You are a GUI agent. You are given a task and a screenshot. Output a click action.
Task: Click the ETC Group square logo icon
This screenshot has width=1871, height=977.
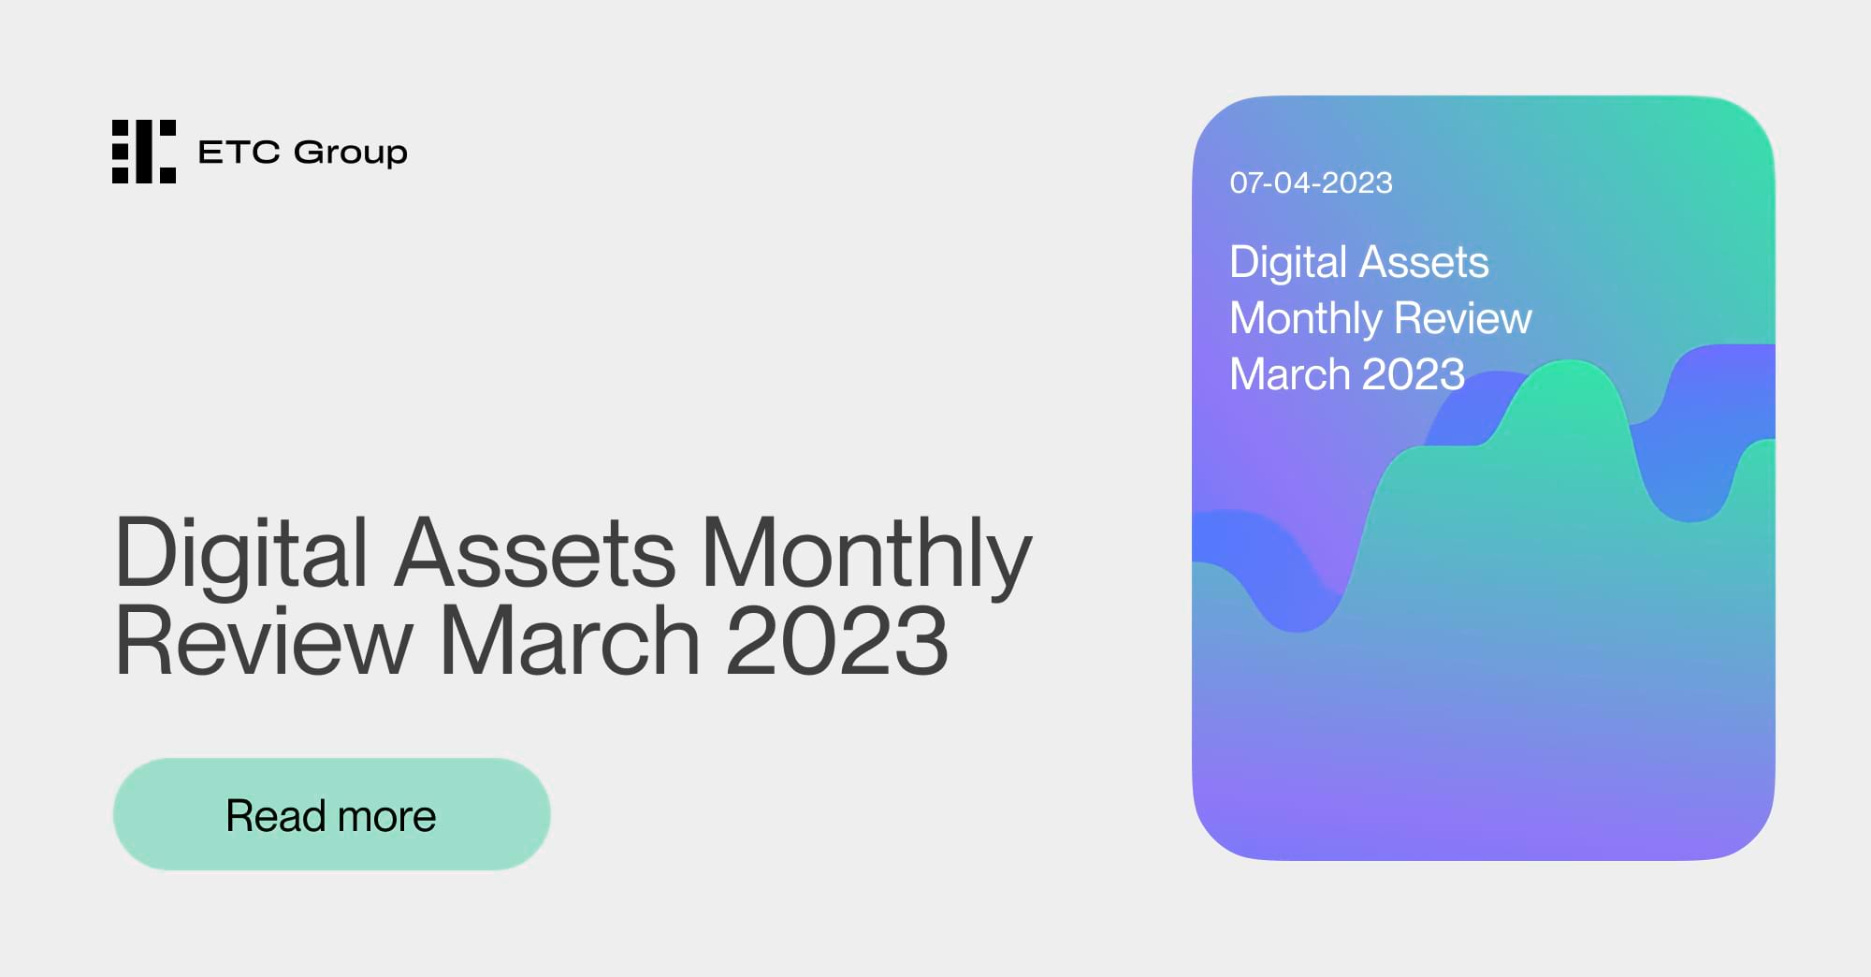point(143,152)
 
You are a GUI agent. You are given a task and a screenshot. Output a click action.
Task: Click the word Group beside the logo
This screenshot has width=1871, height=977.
point(350,153)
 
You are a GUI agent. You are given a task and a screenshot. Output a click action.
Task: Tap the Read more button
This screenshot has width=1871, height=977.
point(331,814)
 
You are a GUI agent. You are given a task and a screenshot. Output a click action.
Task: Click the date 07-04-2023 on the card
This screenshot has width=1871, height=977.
point(1311,182)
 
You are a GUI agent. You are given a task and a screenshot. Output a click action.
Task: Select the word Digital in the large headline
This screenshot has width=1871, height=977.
point(241,554)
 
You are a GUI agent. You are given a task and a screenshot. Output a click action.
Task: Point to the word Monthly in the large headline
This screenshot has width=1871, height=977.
point(866,554)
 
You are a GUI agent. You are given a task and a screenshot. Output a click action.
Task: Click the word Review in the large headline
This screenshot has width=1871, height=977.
point(263,640)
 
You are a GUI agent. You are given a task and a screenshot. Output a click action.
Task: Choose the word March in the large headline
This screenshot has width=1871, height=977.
point(569,640)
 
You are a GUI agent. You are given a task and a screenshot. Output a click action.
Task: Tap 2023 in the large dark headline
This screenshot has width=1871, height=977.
point(836,640)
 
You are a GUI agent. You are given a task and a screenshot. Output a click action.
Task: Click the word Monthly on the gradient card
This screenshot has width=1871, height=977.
point(1304,319)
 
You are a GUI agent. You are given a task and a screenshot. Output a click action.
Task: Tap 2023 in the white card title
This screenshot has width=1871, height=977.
point(1413,374)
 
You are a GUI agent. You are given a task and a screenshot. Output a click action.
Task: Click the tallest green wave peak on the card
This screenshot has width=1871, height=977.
point(1569,374)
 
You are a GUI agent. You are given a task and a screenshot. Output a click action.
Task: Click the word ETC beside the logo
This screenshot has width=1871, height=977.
point(239,152)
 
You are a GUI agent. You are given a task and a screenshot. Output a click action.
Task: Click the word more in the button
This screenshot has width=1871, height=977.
point(386,816)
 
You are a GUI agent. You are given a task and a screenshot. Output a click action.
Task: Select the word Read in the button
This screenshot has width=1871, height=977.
point(275,816)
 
